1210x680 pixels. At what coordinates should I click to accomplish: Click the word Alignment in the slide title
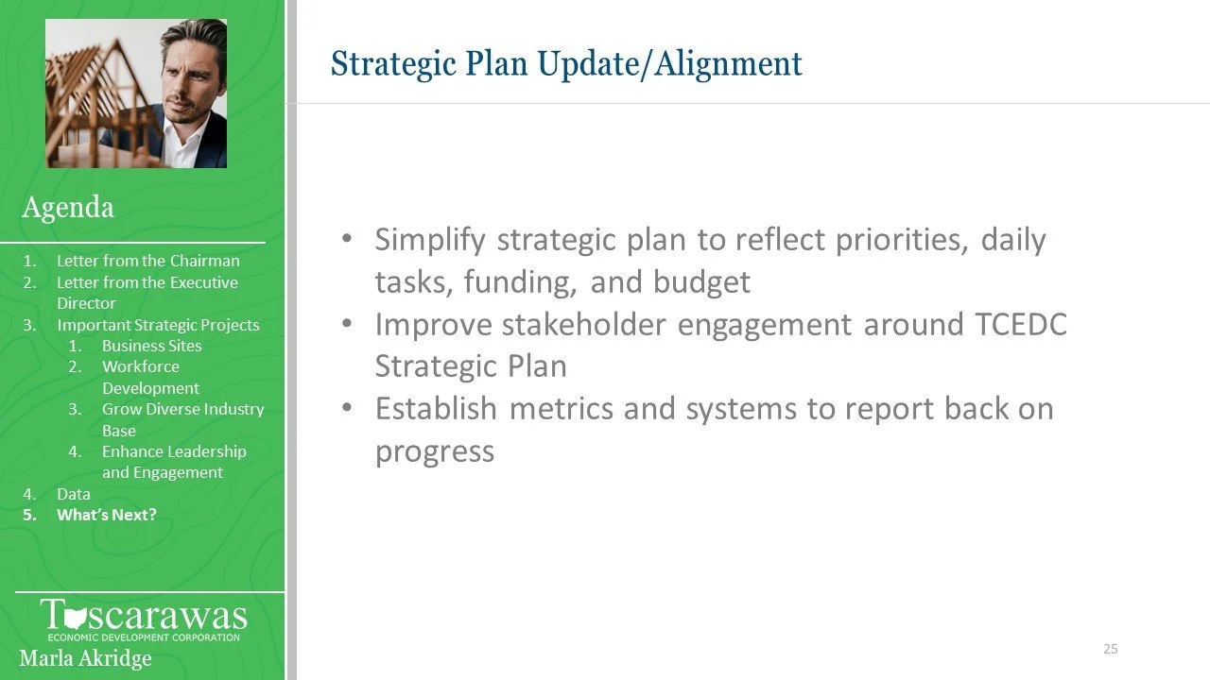pyautogui.click(x=728, y=64)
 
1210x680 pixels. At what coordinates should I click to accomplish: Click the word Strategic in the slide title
pyautogui.click(x=394, y=64)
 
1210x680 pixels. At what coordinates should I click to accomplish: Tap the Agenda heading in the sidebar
pyautogui.click(x=68, y=207)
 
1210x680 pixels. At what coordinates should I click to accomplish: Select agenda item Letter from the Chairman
pyautogui.click(x=148, y=261)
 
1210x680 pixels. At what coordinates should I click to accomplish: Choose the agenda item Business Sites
pyautogui.click(x=152, y=346)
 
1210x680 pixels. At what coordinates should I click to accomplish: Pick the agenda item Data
pyautogui.click(x=74, y=494)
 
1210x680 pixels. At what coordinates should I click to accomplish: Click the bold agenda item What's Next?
pyautogui.click(x=107, y=515)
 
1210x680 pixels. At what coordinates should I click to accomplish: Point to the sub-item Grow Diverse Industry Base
pyautogui.click(x=183, y=420)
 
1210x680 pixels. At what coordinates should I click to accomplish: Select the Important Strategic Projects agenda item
pyautogui.click(x=158, y=325)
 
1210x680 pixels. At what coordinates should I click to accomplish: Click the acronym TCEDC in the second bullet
pyautogui.click(x=1021, y=324)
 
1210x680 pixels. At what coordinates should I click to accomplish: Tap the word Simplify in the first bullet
pyautogui.click(x=430, y=240)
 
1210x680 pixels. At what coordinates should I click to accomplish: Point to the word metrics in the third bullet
pyautogui.click(x=562, y=409)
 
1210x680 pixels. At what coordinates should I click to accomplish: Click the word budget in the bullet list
pyautogui.click(x=701, y=281)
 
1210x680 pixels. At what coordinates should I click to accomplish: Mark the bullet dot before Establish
pyautogui.click(x=347, y=408)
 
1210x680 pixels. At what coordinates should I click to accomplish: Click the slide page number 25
pyautogui.click(x=1111, y=649)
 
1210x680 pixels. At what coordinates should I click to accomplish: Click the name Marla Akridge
pyautogui.click(x=85, y=658)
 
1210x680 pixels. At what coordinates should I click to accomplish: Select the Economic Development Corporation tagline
pyautogui.click(x=144, y=637)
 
